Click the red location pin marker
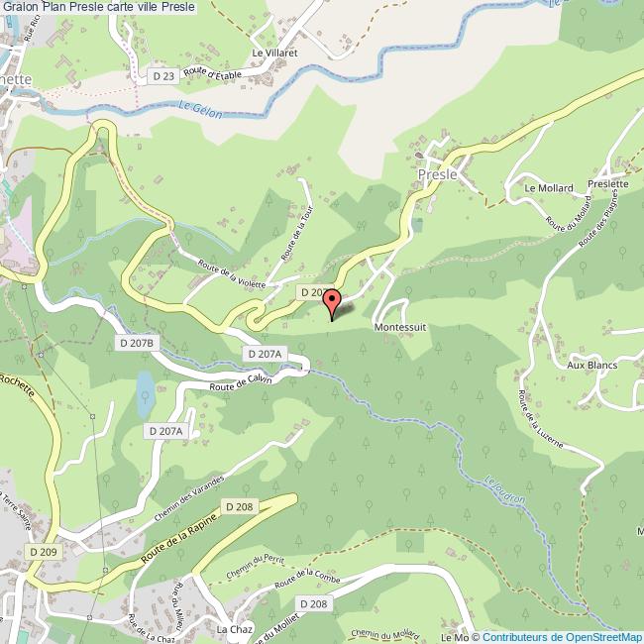(x=333, y=301)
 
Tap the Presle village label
(x=438, y=174)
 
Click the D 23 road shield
(x=163, y=75)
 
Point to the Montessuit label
(x=400, y=325)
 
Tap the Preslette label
(x=606, y=183)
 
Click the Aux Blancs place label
(x=591, y=365)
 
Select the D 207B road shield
(x=137, y=343)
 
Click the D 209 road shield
(x=44, y=551)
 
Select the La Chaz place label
(x=235, y=629)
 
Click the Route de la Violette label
(x=232, y=272)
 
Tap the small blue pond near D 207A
(x=145, y=392)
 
